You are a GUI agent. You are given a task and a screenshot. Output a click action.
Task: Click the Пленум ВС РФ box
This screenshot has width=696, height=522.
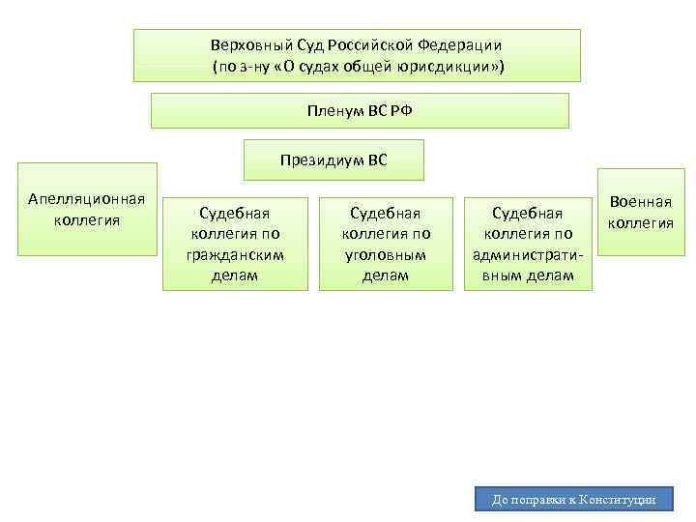click(x=360, y=110)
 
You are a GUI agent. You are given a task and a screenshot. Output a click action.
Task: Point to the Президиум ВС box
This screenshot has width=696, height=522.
click(x=333, y=159)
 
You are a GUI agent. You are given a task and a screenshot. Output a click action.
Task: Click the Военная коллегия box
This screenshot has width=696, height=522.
click(x=640, y=213)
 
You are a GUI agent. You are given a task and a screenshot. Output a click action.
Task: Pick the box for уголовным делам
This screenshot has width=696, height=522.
click(x=386, y=244)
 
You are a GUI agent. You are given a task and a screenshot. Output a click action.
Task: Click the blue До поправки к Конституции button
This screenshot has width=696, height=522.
click(x=574, y=500)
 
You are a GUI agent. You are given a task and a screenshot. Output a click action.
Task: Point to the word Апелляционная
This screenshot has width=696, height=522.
click(x=87, y=199)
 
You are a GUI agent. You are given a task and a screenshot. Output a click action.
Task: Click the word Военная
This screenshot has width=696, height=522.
click(x=640, y=203)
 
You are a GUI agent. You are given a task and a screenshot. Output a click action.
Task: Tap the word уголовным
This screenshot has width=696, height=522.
click(x=386, y=254)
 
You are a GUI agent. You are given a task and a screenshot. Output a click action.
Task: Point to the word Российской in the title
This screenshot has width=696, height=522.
click(x=373, y=45)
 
